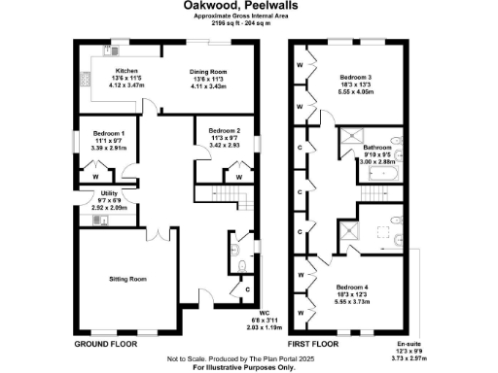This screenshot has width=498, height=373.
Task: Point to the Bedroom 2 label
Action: click(223, 129)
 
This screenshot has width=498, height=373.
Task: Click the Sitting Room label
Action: click(126, 279)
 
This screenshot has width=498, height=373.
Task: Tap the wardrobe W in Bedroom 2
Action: click(238, 177)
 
